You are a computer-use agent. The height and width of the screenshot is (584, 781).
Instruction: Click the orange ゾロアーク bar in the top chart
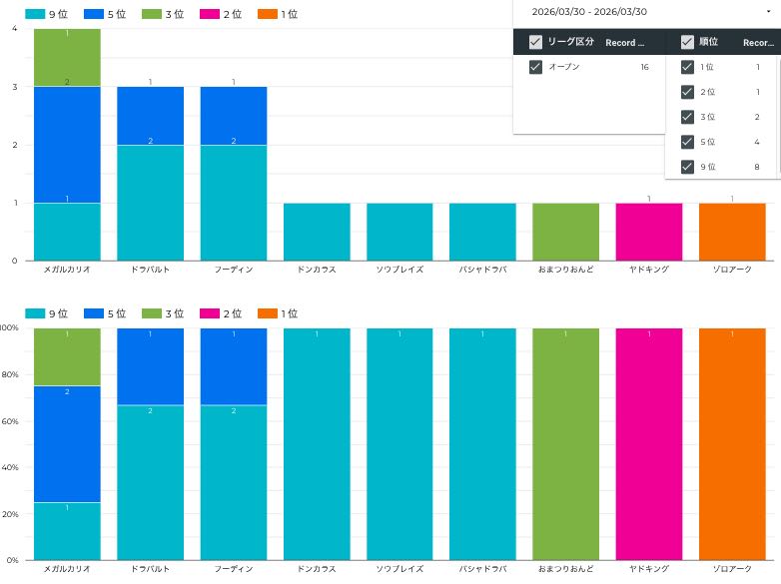coord(732,232)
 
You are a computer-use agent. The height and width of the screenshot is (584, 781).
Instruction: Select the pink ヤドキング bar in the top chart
coord(649,232)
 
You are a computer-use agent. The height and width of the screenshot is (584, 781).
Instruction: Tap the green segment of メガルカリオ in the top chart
coord(67,58)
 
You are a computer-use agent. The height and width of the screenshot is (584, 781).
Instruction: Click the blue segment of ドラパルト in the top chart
coord(150,116)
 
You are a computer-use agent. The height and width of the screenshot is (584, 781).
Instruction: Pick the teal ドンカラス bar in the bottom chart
coord(317,443)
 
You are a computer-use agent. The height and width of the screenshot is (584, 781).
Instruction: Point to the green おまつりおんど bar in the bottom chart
coord(565,443)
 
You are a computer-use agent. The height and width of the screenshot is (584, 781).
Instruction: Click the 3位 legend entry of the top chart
coord(162,14)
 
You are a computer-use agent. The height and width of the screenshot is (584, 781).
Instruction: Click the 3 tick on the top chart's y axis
coord(14,87)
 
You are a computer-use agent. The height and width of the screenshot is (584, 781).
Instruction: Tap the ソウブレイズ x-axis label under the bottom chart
coord(399,569)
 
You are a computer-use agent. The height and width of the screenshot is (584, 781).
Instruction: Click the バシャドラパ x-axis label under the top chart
coord(482,270)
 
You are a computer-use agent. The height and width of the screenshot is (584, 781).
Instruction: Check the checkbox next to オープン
coord(535,67)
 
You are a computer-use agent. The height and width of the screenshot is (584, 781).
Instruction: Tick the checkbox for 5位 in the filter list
coord(687,142)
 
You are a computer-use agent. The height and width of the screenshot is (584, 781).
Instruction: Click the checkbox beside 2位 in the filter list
coord(687,92)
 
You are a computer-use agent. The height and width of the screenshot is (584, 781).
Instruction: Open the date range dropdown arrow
coord(767,11)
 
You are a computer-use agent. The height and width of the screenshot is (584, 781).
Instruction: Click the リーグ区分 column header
coord(571,42)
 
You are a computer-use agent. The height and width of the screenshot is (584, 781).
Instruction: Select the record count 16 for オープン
coord(645,67)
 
